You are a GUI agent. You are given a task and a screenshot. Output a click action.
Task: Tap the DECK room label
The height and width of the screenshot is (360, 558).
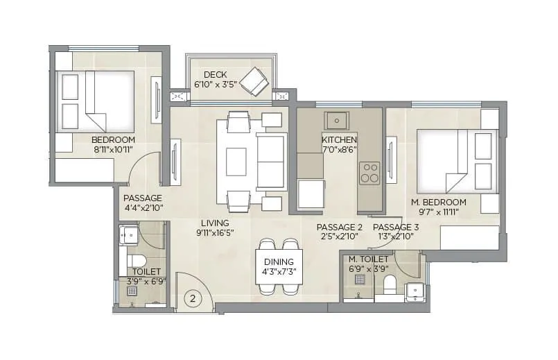click(215, 75)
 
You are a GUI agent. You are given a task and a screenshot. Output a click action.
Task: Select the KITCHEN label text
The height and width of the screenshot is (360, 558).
click(339, 139)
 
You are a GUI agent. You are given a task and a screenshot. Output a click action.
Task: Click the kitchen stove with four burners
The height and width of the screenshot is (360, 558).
click(369, 173)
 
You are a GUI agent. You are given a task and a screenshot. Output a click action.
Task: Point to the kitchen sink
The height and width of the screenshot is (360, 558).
click(338, 121)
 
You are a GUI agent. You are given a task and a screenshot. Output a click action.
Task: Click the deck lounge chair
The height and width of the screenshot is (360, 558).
click(254, 80)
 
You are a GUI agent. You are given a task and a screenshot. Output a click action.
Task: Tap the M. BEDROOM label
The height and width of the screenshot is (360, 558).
click(438, 202)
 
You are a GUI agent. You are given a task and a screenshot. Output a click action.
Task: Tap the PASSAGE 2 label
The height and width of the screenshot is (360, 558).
click(339, 227)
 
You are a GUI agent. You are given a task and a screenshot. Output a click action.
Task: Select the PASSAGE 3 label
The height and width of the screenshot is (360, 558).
click(396, 227)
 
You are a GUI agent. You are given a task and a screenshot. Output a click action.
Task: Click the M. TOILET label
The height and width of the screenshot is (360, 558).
click(369, 259)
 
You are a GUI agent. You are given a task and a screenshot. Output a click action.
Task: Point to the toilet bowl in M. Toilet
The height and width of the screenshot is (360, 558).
click(389, 284)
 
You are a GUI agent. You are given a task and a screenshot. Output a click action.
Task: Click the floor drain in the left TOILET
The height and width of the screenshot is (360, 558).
click(132, 291)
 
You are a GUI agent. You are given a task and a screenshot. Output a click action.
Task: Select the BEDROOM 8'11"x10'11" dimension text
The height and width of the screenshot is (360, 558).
click(112, 148)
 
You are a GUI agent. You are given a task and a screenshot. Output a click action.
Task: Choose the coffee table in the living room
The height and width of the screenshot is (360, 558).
click(236, 160)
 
